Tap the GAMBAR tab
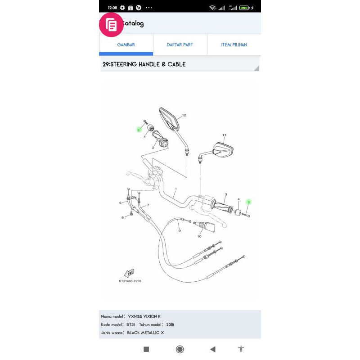click(126, 45)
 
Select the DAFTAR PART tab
click(180, 45)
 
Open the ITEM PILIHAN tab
click(234, 45)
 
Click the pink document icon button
click(111, 24)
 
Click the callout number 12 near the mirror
click(184, 116)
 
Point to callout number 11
click(224, 135)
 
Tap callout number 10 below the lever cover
click(199, 236)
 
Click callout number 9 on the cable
click(180, 231)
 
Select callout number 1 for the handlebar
click(175, 189)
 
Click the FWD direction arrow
click(129, 273)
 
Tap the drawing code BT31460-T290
click(130, 281)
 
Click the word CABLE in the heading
click(177, 64)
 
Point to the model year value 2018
click(170, 324)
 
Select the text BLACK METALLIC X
click(146, 332)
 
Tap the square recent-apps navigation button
click(146, 349)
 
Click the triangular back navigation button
click(213, 349)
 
